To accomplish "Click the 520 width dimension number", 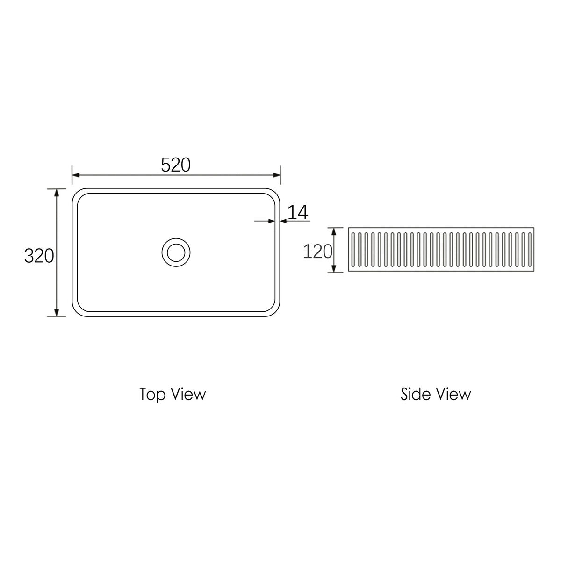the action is [176, 165].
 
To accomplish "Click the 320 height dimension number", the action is [39, 256].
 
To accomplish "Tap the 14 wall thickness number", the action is [298, 212].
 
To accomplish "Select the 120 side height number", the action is [317, 252].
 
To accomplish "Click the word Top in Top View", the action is [153, 395].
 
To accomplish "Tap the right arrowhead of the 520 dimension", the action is [277, 175].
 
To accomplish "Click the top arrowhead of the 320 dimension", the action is [57, 193].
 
